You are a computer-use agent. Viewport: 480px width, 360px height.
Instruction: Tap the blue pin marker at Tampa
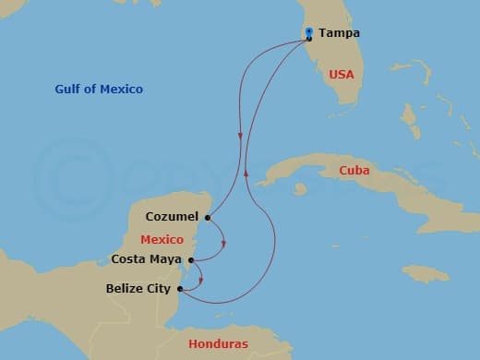309,32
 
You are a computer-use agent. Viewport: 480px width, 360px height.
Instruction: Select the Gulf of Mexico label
98,89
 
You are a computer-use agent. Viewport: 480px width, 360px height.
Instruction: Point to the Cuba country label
355,170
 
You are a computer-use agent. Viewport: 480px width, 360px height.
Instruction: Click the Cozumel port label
172,218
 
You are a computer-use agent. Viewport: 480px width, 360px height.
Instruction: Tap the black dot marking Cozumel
209,218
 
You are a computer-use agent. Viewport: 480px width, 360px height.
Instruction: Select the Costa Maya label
146,259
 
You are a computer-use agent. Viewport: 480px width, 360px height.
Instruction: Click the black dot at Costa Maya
190,260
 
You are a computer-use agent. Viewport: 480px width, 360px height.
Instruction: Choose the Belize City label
139,289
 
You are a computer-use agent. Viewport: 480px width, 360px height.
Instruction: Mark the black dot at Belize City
180,289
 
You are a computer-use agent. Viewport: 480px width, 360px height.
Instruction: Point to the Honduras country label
218,343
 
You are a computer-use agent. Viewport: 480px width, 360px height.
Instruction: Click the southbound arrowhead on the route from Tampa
241,138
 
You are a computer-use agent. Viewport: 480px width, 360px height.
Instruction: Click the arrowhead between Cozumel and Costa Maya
224,244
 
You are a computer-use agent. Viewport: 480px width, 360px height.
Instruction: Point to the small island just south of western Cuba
300,189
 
